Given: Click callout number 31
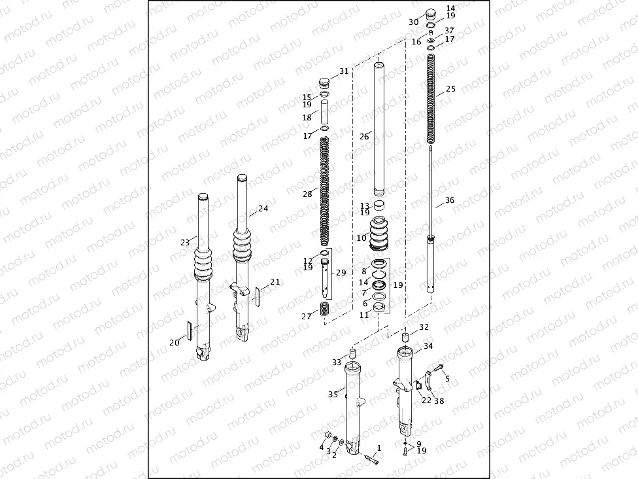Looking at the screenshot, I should [x=344, y=71].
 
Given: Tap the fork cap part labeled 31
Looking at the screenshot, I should [x=325, y=83].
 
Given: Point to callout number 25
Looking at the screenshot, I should [x=450, y=88].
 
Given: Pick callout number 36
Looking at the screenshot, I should [x=449, y=200].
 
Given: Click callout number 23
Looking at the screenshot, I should [x=184, y=242].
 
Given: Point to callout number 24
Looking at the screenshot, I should [x=263, y=209].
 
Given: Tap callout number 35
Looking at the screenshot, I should [x=333, y=395].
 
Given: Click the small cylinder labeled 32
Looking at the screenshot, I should [x=405, y=338].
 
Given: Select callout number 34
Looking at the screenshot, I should [x=428, y=346].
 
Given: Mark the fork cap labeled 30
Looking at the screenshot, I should [x=430, y=16].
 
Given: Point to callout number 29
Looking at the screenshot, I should [x=341, y=272].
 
